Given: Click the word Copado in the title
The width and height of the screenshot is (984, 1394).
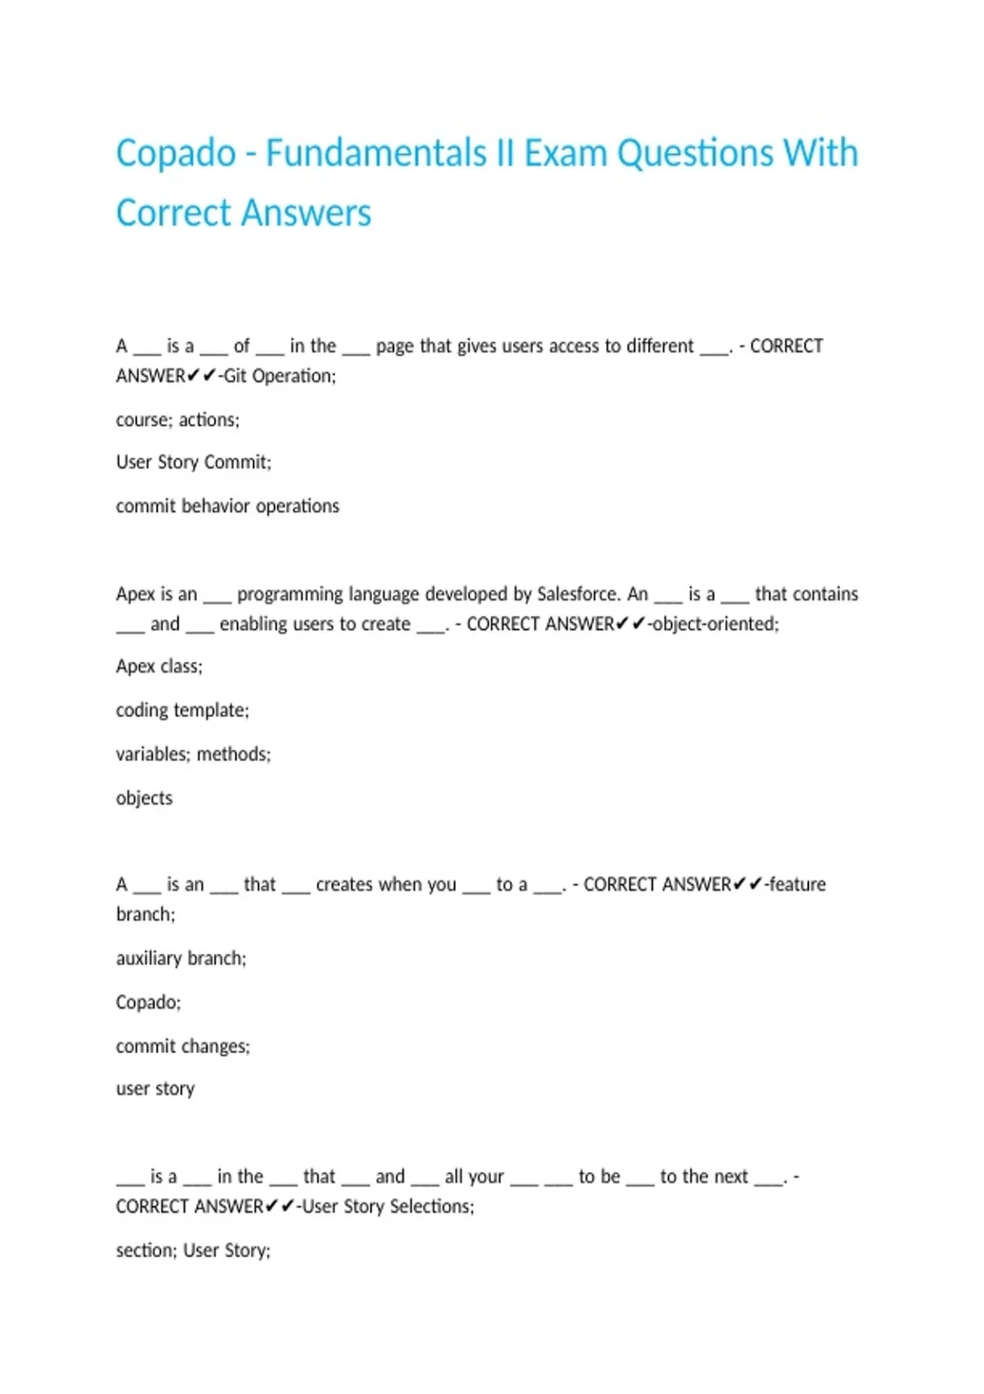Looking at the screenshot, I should (x=175, y=154).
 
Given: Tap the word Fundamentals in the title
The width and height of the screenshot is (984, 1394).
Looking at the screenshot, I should (x=376, y=154).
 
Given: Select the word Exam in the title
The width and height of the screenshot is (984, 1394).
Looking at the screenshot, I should (x=565, y=154).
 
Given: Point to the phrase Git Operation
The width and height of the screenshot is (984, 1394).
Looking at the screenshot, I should (x=279, y=376).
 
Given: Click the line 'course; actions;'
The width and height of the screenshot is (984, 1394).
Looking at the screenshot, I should (x=178, y=420).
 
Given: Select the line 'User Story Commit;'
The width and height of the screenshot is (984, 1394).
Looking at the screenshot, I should (x=194, y=462).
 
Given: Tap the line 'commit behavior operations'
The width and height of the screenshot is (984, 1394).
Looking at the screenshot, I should (x=227, y=506).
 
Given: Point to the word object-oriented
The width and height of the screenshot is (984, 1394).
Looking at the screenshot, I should (x=714, y=624).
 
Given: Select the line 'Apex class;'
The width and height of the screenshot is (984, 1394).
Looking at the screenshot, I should (x=159, y=666).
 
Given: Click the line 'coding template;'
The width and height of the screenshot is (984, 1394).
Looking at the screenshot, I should (x=182, y=710).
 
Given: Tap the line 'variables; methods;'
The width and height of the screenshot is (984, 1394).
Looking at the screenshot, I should (x=194, y=754).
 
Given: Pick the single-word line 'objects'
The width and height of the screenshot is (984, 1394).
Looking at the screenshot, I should (x=144, y=798).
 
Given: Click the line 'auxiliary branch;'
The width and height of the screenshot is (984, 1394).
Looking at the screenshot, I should (x=181, y=958).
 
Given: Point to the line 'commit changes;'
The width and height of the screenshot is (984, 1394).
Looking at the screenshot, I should (x=183, y=1046).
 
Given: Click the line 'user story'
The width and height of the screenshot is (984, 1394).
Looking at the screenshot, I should (x=156, y=1089).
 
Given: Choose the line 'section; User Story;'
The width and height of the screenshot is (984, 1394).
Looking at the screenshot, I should (x=194, y=1250).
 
